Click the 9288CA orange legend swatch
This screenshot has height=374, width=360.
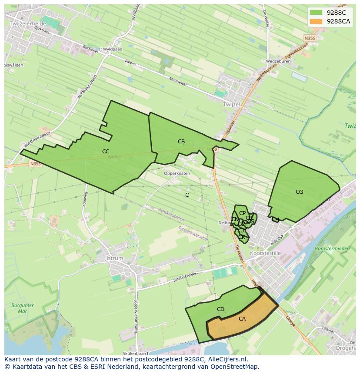coord(316,21)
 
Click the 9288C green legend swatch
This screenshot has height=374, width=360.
coord(316,13)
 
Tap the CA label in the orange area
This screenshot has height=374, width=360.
coord(242,319)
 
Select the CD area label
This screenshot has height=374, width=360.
coord(220,309)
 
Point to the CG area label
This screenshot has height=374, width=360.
coord(299,192)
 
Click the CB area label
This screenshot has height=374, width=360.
coord(181,142)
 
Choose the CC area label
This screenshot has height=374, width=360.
coord(106,152)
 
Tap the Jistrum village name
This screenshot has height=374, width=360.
coord(114,258)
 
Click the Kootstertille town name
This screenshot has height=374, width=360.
coord(266,253)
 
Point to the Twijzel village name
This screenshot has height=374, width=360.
coord(231,105)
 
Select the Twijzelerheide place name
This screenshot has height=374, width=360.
coord(27,23)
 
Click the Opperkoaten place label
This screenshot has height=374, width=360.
coord(177,173)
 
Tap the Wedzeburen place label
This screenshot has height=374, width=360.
coord(278,62)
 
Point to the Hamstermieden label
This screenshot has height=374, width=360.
coord(332,248)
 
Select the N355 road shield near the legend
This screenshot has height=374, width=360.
coord(310,39)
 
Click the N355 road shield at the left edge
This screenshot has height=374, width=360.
coord(35,164)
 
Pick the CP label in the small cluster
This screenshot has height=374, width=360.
coord(243,213)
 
